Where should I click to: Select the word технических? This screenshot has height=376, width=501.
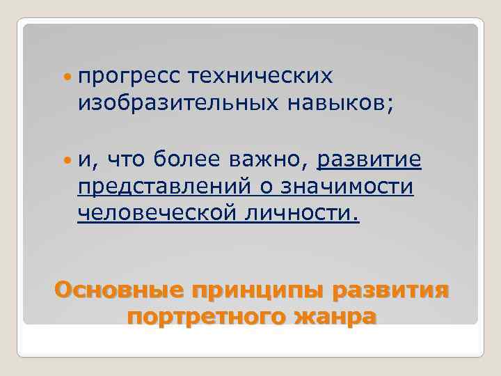click(x=262, y=75)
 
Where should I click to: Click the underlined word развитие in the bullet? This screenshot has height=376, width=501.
click(x=369, y=160)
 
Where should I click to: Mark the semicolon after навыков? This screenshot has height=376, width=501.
click(x=390, y=106)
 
